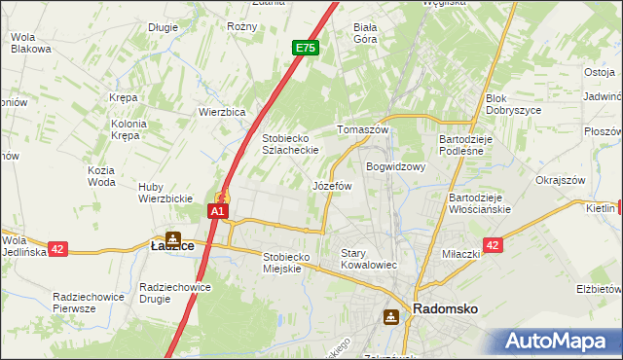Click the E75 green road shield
[x=305, y=47]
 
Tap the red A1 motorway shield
[x=219, y=210]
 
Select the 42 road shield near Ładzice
[x=58, y=249]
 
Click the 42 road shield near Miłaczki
[x=493, y=246]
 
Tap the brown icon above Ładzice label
[x=172, y=235]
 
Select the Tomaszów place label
[x=362, y=129]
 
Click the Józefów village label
[x=331, y=185]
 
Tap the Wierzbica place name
[x=221, y=111]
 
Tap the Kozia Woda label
[x=101, y=176]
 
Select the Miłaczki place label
[x=461, y=254]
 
